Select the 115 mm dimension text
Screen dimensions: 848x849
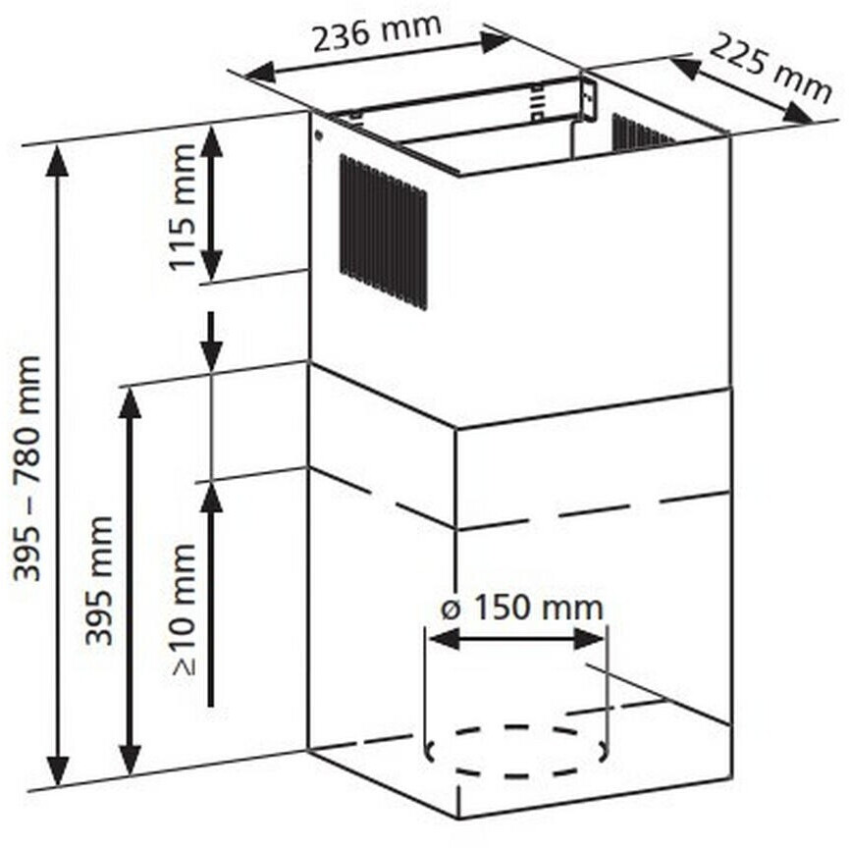[x=183, y=207]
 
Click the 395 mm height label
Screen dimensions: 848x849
[x=98, y=579]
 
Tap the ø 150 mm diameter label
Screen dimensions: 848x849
[x=521, y=607]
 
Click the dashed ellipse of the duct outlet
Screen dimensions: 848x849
[x=516, y=752]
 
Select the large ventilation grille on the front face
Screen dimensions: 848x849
[x=384, y=232]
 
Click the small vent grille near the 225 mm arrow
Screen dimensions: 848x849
[x=641, y=132]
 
